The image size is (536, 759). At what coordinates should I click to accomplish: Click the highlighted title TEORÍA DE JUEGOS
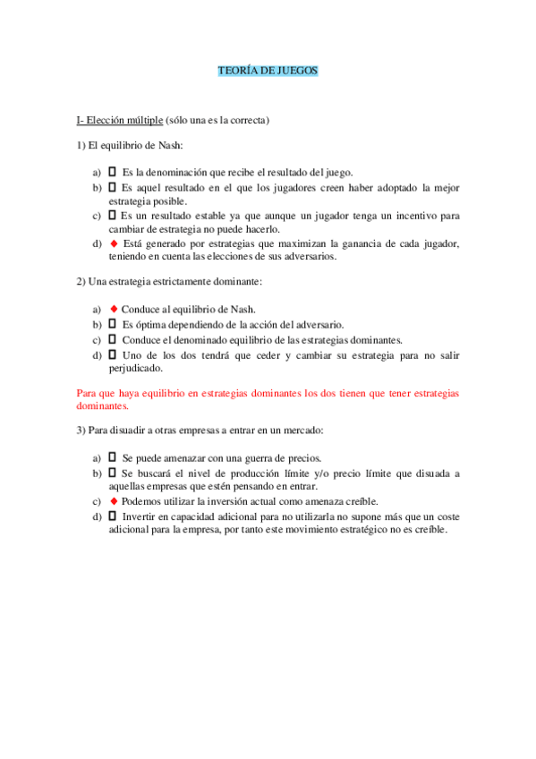(x=268, y=70)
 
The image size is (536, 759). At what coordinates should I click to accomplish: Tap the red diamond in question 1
(x=113, y=243)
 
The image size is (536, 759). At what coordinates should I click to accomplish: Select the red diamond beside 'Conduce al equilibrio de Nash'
(x=113, y=308)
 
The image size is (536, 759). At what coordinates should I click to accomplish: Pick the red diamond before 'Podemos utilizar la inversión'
(x=113, y=501)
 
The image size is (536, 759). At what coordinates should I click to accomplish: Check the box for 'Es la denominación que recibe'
(x=112, y=172)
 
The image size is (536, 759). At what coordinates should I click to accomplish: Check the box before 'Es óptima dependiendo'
(x=112, y=324)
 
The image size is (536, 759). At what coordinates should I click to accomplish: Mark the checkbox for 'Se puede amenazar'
(x=112, y=457)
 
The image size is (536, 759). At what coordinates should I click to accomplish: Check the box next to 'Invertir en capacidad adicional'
(x=112, y=516)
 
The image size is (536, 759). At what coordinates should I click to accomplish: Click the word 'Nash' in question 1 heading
(x=167, y=146)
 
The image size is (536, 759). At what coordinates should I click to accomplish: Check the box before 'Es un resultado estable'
(x=112, y=216)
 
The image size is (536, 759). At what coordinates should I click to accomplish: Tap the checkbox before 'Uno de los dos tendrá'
(x=112, y=354)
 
